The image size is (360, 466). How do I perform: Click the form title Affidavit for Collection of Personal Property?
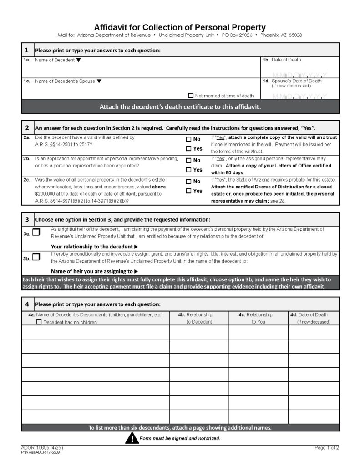[x=180, y=27]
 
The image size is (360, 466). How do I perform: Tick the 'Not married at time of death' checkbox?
[x=191, y=96]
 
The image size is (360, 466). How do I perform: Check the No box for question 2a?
[x=188, y=139]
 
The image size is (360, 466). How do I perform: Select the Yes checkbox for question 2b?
[x=188, y=170]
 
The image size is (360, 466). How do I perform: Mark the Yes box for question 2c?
[x=188, y=191]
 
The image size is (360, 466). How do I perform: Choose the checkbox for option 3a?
[x=36, y=233]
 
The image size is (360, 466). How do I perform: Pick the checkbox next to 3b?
[x=36, y=257]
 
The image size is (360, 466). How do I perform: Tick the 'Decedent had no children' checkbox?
[x=39, y=322]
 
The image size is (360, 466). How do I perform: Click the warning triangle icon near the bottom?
[x=132, y=438]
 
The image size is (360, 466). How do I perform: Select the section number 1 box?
[x=27, y=50]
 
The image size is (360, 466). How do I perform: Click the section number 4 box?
[x=27, y=304]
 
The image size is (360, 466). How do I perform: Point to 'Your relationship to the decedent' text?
[x=92, y=246]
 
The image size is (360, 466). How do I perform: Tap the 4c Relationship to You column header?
[x=258, y=318]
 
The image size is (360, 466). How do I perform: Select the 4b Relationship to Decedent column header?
[x=199, y=318]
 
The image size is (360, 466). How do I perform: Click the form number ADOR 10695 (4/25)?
[x=40, y=448]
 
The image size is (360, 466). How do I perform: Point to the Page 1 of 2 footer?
[x=326, y=448]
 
